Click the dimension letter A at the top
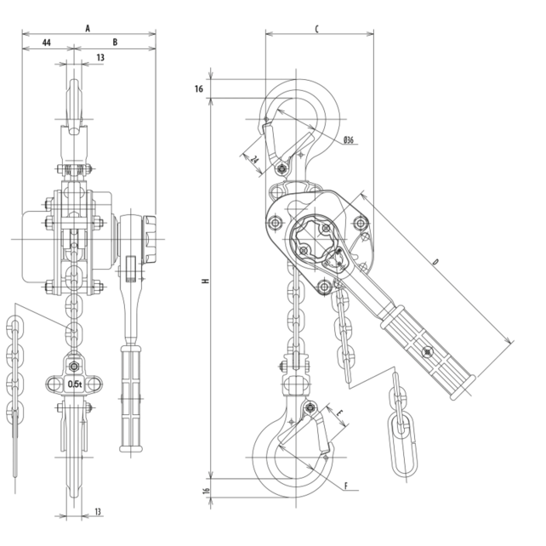[x=88, y=27]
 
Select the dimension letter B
[x=115, y=40]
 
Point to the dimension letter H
[x=205, y=281]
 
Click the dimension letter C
[x=316, y=28]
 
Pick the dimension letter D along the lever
[x=436, y=263]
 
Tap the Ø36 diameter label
[x=350, y=139]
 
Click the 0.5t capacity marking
[x=75, y=384]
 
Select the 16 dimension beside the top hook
[x=198, y=88]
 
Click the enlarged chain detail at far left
[x=14, y=374]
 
